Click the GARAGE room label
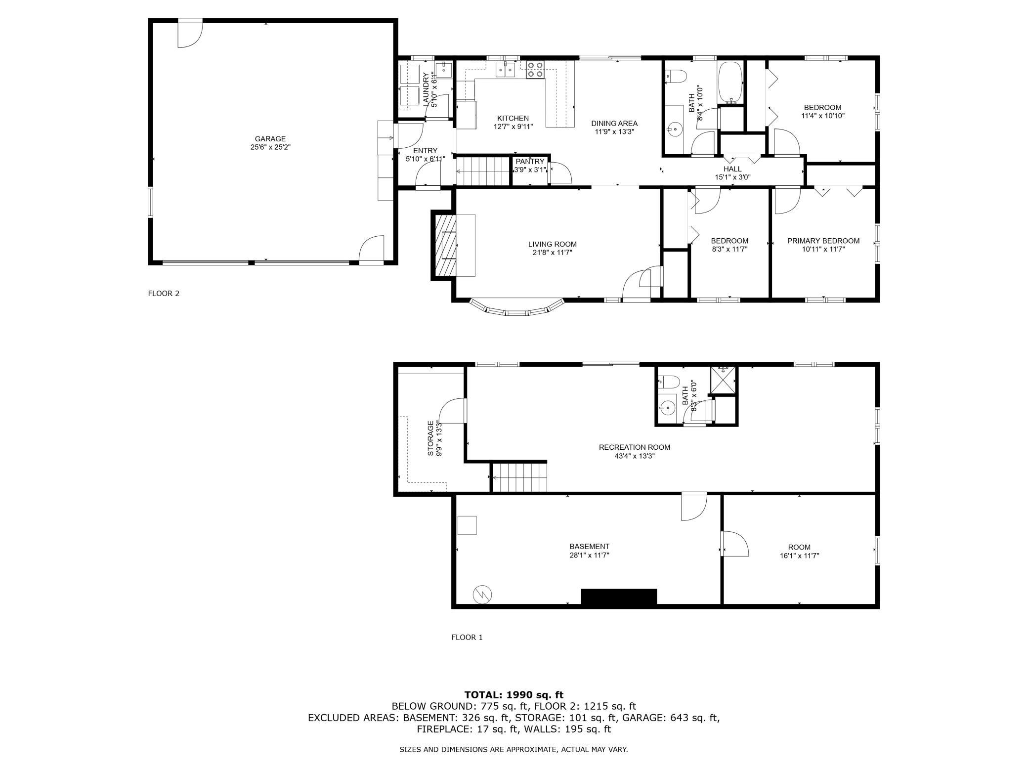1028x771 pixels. (270, 139)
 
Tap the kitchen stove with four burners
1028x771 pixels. (535, 70)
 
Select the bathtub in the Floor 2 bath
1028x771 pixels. (730, 83)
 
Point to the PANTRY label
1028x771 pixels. (530, 162)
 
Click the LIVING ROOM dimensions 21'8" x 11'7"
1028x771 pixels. (552, 253)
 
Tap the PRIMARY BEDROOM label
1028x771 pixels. (823, 241)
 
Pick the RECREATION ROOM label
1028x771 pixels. (635, 447)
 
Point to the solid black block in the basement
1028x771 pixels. (619, 597)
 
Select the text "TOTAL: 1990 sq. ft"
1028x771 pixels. (514, 695)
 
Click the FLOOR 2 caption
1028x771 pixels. (164, 294)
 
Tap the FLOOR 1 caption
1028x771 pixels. (467, 638)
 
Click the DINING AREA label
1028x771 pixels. (614, 124)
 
